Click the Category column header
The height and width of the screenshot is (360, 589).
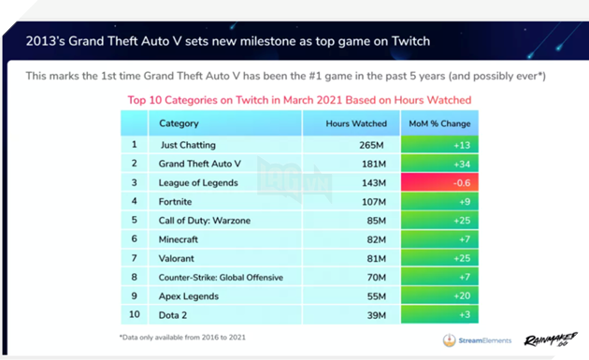(180, 123)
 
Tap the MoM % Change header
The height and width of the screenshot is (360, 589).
(438, 123)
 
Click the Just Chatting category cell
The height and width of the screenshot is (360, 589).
(188, 145)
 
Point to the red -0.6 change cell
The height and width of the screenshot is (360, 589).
(438, 182)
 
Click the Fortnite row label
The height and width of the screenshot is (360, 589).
(175, 201)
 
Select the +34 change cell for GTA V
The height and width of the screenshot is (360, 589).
(438, 164)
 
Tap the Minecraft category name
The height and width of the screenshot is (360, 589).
(179, 239)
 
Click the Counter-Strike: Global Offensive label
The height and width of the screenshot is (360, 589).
(221, 277)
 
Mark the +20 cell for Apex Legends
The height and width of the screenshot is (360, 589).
(438, 295)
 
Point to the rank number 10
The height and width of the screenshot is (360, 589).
(134, 314)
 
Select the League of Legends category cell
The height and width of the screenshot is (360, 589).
(198, 182)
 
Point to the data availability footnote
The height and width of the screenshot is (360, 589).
(182, 337)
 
